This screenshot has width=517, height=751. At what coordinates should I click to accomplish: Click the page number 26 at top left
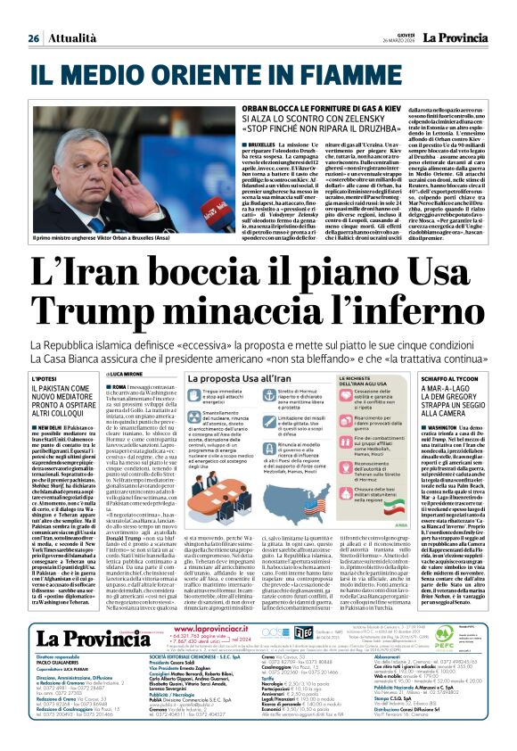pyautogui.click(x=34, y=14)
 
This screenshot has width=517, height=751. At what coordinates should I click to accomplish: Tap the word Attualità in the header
pyautogui.click(x=70, y=14)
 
